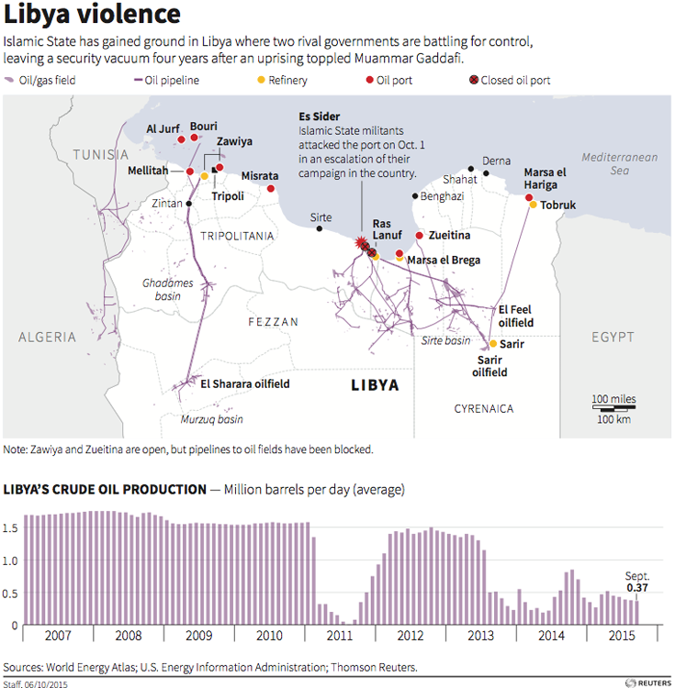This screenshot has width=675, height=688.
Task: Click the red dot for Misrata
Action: tap(271, 189)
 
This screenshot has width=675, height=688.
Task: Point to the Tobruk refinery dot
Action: tap(532, 205)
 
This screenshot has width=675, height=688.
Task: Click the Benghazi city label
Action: tap(442, 196)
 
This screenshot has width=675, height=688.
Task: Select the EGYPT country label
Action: tap(613, 338)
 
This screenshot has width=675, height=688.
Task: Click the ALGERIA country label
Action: tap(48, 338)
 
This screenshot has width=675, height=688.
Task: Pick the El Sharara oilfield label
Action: tap(245, 383)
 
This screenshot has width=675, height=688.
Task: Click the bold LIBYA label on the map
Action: tap(375, 385)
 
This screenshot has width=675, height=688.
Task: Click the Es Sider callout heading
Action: tap(320, 117)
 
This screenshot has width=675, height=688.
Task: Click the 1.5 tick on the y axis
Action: tap(11, 528)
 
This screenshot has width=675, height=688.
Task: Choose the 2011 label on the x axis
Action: tap(340, 636)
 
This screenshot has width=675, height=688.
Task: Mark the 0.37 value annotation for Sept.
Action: tap(637, 588)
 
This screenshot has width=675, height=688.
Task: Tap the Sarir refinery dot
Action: tap(493, 344)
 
